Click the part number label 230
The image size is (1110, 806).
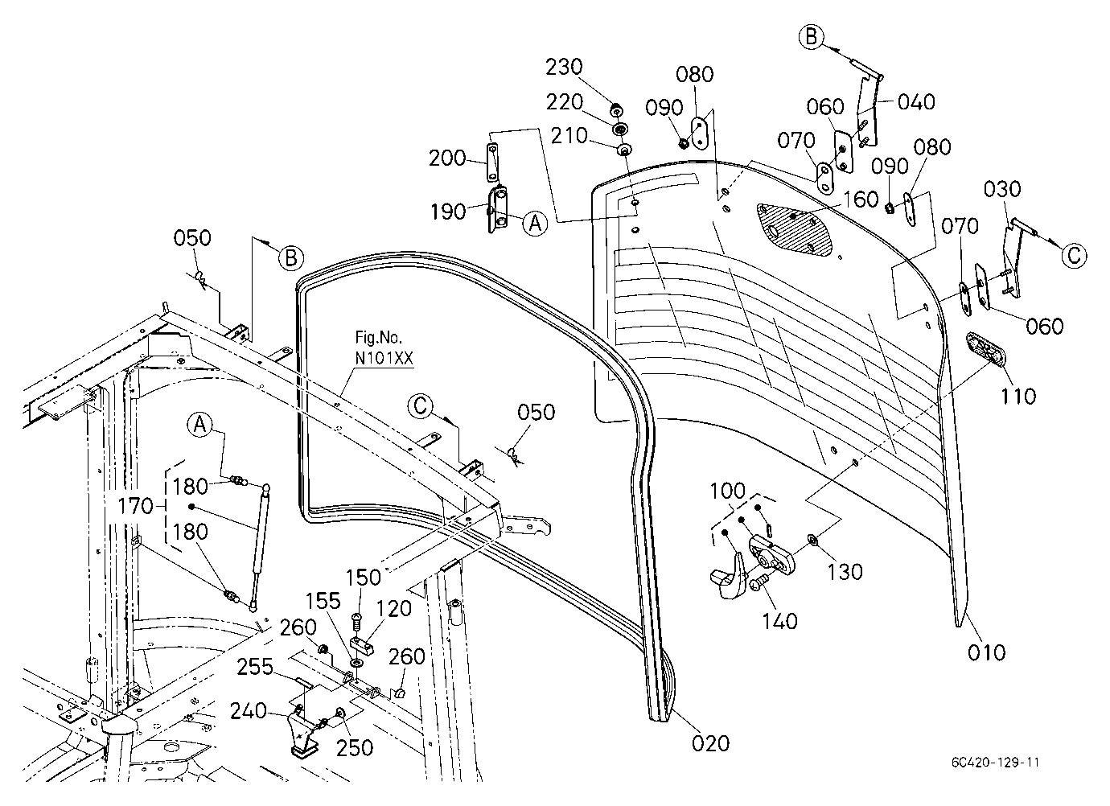point(564,67)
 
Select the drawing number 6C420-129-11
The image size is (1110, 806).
point(995,763)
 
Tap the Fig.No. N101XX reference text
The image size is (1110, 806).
point(384,347)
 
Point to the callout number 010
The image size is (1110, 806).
point(987,652)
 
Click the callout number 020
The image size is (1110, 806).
point(710,743)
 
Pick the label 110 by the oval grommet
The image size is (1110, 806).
point(1018,396)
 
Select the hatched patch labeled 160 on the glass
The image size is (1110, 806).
point(795,229)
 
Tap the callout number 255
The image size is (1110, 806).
point(255,667)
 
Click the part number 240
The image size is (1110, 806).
point(249,711)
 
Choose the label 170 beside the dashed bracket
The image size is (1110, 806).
point(135,506)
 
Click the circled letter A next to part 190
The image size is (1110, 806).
point(535,224)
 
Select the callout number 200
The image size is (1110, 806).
point(447,158)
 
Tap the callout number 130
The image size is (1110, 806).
point(845,572)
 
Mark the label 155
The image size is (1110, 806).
point(323,601)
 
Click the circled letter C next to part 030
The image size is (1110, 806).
point(1074,256)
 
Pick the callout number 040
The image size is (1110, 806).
point(916,102)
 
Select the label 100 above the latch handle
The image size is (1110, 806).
point(727,491)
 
